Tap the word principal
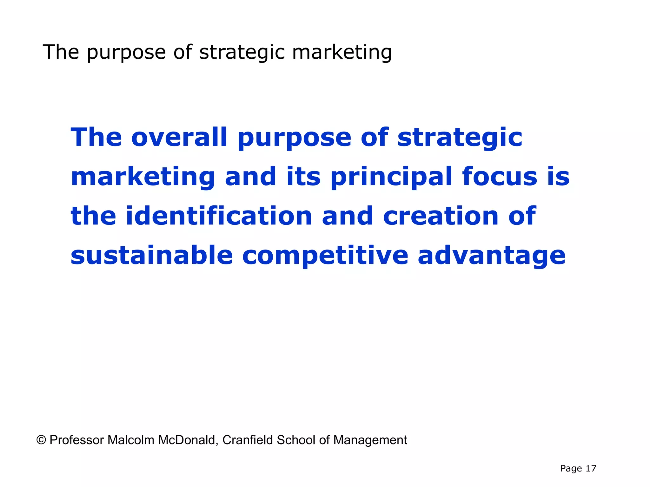click(391, 177)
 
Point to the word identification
click(219, 216)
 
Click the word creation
click(441, 216)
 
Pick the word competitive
click(325, 256)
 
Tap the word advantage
click(492, 256)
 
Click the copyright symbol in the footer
click(41, 440)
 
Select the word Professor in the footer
click(77, 440)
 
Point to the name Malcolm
click(131, 440)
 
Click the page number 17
click(591, 468)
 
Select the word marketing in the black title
click(342, 52)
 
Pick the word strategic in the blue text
click(460, 138)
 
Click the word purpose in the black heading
click(126, 53)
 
